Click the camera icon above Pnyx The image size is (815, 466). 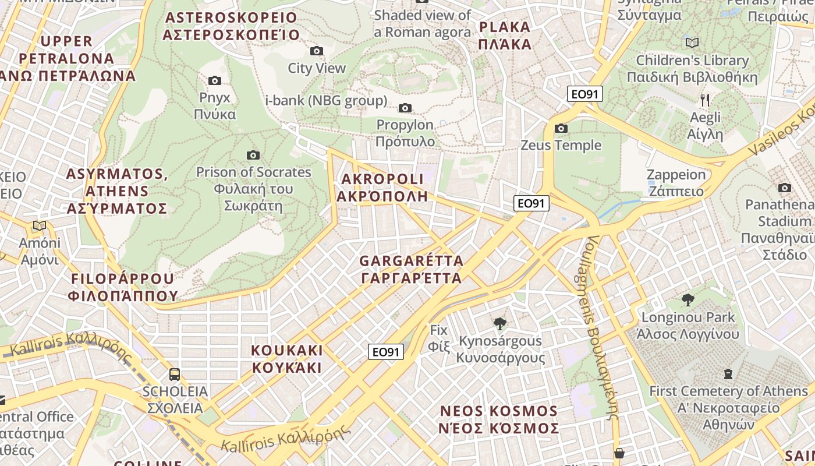coord(214,80)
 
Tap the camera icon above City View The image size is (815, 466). coord(317,51)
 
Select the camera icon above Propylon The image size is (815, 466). coord(405,108)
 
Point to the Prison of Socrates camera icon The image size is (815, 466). coord(253,155)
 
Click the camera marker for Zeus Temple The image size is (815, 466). coord(561,128)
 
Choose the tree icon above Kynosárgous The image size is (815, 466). coord(499,324)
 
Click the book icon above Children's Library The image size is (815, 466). coord(692,43)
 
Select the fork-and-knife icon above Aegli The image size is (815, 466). coord(705,100)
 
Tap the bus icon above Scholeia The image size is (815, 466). coord(174,374)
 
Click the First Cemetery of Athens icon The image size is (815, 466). coord(728,373)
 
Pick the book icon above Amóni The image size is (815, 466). coord(40,226)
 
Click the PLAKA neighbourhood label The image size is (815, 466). coord(505,36)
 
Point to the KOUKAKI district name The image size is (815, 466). coord(286,359)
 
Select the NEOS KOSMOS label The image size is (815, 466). coord(499,420)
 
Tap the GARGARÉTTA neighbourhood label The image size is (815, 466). coord(412,269)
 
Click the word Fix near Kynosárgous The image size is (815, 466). coord(438,330)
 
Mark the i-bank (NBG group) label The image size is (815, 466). coord(326,101)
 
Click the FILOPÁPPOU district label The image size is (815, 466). coord(123,287)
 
